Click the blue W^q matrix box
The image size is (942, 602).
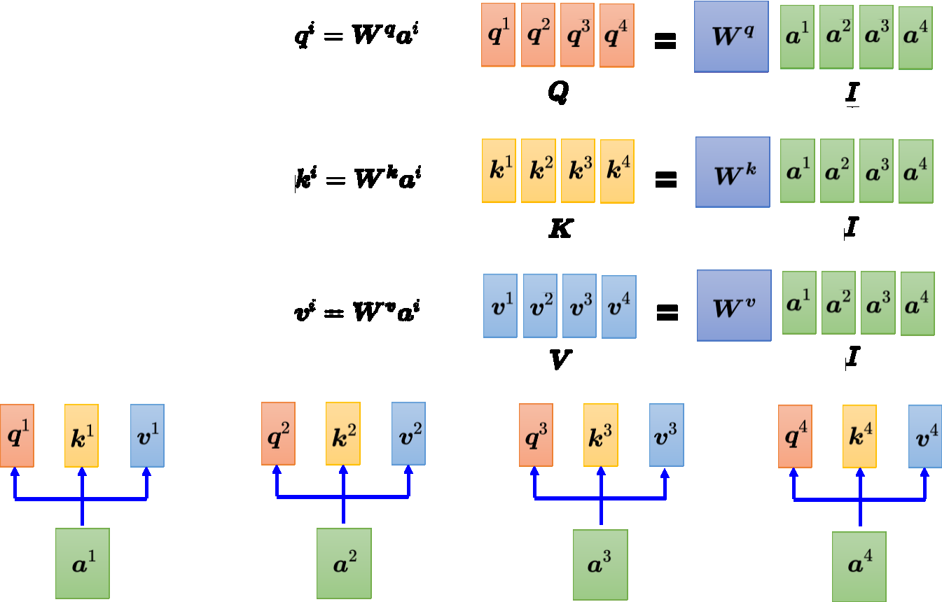731,36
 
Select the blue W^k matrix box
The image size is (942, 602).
733,172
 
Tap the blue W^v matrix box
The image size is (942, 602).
734,306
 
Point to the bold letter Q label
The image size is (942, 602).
557,92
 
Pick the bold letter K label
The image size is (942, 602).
559,227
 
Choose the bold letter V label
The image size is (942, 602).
560,360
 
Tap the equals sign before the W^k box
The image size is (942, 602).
665,181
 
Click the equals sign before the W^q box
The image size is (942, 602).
665,42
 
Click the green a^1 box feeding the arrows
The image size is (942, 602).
83,563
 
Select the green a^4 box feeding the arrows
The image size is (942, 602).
859,566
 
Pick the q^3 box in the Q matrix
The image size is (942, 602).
577,34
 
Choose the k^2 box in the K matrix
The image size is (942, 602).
538,170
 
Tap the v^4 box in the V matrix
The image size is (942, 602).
619,307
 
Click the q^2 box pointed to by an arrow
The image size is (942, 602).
278,433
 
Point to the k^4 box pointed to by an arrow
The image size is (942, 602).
859,436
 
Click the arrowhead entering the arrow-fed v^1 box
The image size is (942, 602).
146,472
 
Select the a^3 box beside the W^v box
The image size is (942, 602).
878,302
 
